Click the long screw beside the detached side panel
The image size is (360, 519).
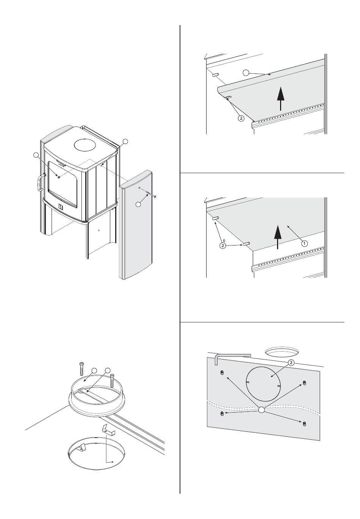(152, 195)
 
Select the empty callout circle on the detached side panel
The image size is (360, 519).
(139, 205)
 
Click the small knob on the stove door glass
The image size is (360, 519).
(58, 176)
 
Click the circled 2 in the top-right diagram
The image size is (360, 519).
(241, 118)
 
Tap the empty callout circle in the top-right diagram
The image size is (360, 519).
(246, 72)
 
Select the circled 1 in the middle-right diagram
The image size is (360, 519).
(304, 244)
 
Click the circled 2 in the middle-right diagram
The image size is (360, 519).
(222, 246)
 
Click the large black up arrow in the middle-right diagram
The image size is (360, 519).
(278, 236)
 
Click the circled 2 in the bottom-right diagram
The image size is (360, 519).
(291, 363)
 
